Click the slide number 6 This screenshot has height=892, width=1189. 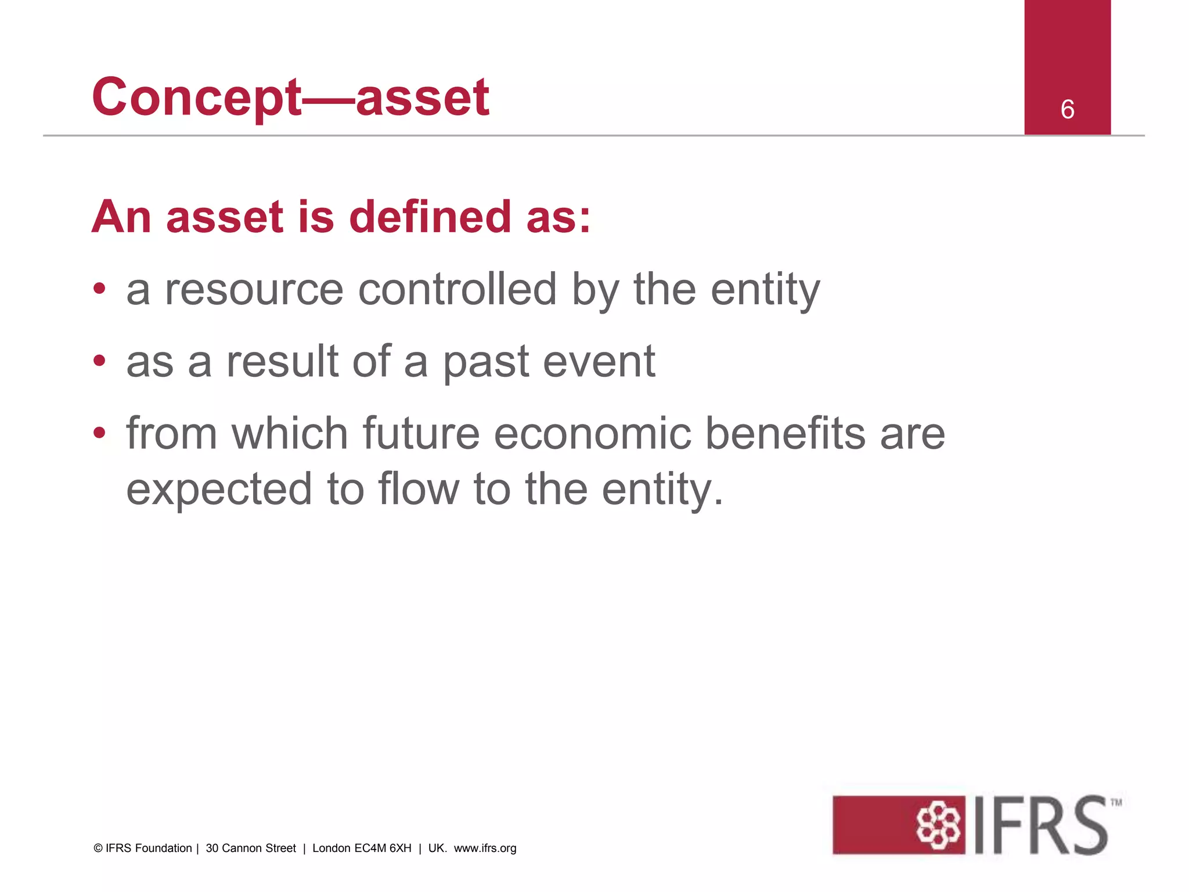tap(1067, 109)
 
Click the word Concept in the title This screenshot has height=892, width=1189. tap(196, 98)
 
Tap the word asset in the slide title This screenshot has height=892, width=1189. tap(422, 98)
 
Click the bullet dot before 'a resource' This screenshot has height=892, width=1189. tap(100, 289)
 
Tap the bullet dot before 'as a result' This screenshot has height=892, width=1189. tap(100, 361)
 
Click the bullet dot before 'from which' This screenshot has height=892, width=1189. tap(100, 433)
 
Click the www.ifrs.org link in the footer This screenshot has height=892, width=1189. tap(485, 848)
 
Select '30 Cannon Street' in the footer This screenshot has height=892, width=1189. tap(251, 848)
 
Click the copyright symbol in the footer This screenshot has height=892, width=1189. tap(98, 848)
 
